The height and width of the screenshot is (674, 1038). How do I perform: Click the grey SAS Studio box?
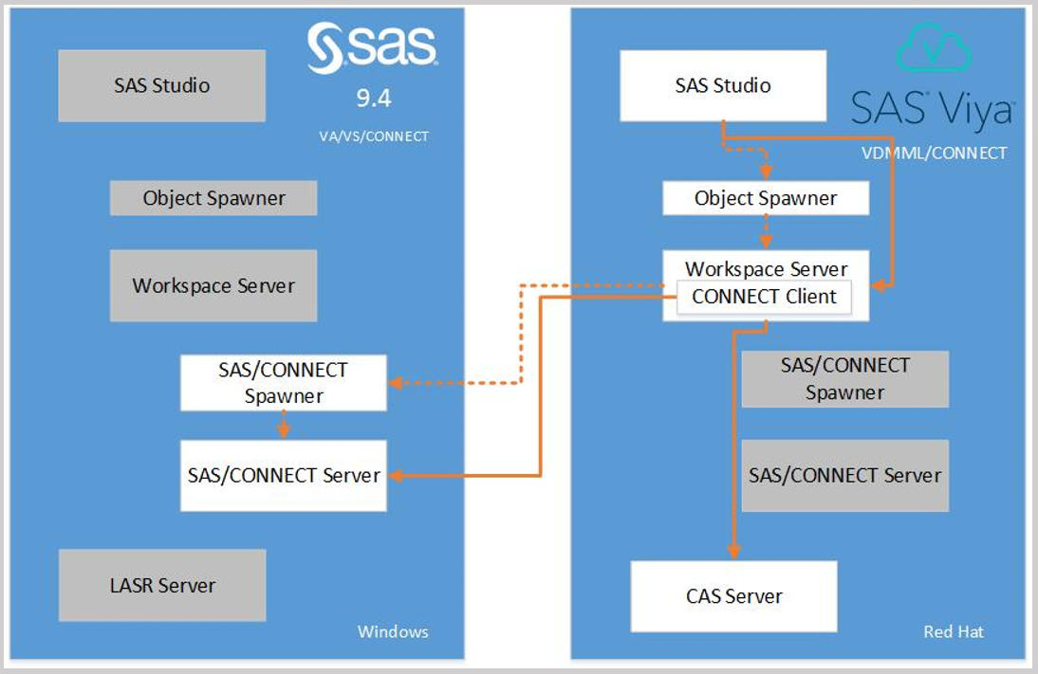tap(161, 85)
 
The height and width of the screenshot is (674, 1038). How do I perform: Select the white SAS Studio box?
tap(723, 85)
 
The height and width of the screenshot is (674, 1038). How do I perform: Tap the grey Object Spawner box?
tap(213, 198)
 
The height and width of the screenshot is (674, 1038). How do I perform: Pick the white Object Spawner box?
tap(766, 198)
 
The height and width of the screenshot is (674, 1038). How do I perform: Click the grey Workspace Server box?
tap(213, 285)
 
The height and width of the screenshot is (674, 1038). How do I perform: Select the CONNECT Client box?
tap(764, 297)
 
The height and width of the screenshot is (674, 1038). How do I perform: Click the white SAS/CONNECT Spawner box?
tap(283, 383)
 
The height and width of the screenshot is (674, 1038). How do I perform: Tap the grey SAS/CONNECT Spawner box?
tap(844, 379)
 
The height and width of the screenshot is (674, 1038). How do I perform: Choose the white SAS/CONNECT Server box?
tap(284, 475)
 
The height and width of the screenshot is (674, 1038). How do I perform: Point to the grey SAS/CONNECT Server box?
tap(844, 475)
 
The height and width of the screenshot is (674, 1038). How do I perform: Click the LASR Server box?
tap(161, 585)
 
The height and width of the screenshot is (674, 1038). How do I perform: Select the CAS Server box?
tap(733, 596)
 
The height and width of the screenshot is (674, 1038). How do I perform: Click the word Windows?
tap(393, 631)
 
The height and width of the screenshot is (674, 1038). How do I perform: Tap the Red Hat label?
tap(954, 631)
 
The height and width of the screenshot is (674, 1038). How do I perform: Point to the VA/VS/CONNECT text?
tap(374, 137)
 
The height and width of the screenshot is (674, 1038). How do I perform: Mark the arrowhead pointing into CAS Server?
tap(733, 553)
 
